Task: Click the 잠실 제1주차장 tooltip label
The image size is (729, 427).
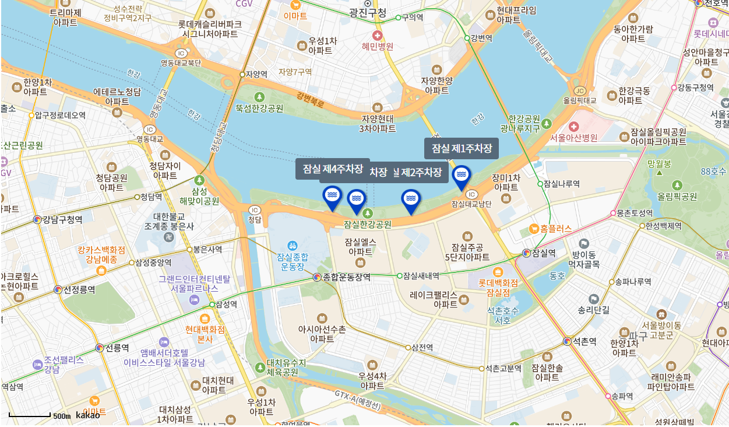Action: (x=462, y=148)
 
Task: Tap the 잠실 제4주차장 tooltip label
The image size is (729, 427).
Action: (x=333, y=169)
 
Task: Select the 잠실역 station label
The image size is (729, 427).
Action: (x=544, y=253)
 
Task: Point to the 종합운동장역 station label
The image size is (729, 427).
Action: (x=347, y=277)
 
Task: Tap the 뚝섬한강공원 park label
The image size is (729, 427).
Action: (x=259, y=108)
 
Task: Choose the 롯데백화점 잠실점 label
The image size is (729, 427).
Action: (x=498, y=287)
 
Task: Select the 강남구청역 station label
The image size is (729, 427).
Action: (x=62, y=219)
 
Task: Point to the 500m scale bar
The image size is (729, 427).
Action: (x=30, y=415)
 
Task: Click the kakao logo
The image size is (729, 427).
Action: (x=88, y=415)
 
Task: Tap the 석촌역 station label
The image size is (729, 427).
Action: (x=584, y=341)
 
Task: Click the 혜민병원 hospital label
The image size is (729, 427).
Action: (x=378, y=46)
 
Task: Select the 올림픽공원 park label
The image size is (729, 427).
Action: (x=677, y=197)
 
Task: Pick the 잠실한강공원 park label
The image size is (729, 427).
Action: (x=368, y=224)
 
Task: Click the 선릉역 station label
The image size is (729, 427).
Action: (x=117, y=348)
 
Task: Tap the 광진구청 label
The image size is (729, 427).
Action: (x=368, y=12)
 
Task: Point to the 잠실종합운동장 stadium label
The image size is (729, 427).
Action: (x=293, y=261)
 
